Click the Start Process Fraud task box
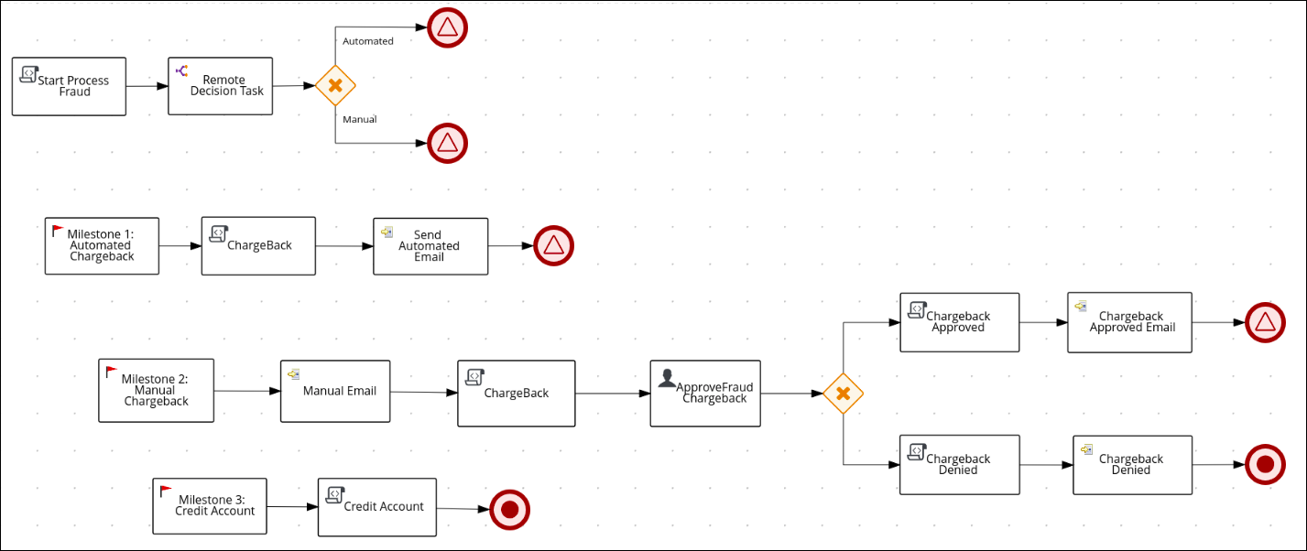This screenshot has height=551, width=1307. click(x=69, y=86)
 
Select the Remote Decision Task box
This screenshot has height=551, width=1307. click(x=221, y=86)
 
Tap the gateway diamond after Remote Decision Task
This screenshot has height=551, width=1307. click(x=335, y=85)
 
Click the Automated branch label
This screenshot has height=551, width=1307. click(x=367, y=41)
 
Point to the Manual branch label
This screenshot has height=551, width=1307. click(x=359, y=119)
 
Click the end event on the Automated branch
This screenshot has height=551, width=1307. click(x=447, y=27)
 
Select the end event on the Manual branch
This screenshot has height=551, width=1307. click(x=447, y=142)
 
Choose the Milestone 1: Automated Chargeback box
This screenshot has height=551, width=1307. click(x=102, y=245)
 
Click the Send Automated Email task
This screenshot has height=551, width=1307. click(x=430, y=245)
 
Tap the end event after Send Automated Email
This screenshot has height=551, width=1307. click(x=553, y=245)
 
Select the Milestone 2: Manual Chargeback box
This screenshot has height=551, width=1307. click(x=156, y=390)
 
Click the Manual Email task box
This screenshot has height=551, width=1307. click(x=335, y=391)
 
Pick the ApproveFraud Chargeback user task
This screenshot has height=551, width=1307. click(x=705, y=393)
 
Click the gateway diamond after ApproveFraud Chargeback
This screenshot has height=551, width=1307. click(x=843, y=394)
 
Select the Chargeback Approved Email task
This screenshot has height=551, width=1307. click(x=1129, y=322)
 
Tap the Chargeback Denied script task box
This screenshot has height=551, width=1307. click(x=959, y=465)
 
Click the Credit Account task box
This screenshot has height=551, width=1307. click(x=377, y=506)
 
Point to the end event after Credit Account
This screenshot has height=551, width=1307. click(x=510, y=509)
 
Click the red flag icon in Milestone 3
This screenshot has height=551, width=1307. click(x=166, y=492)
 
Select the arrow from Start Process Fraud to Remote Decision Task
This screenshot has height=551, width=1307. click(x=147, y=87)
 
